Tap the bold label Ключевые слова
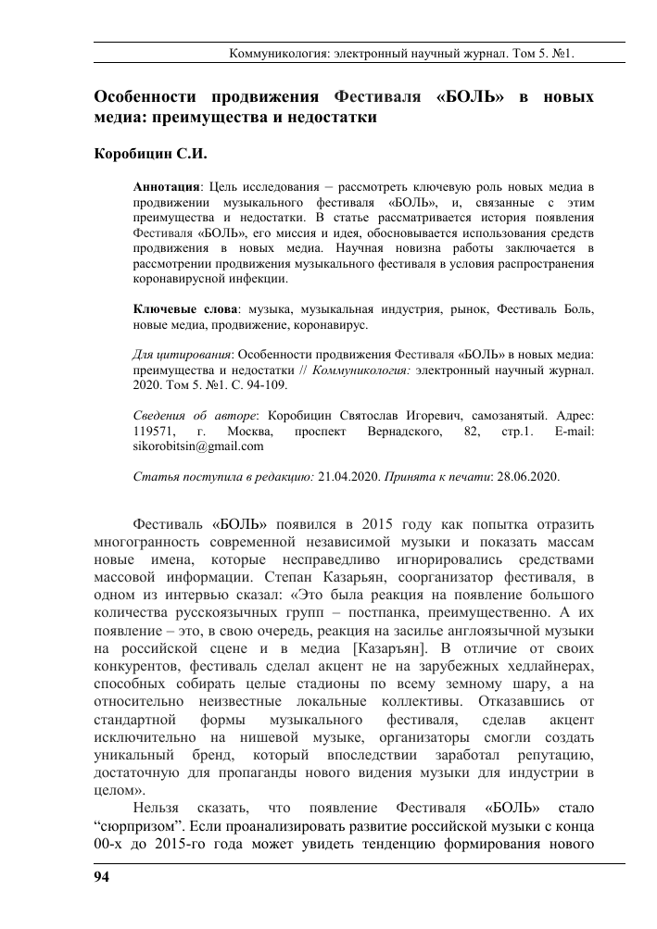[185, 308]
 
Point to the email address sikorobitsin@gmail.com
[199, 445]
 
